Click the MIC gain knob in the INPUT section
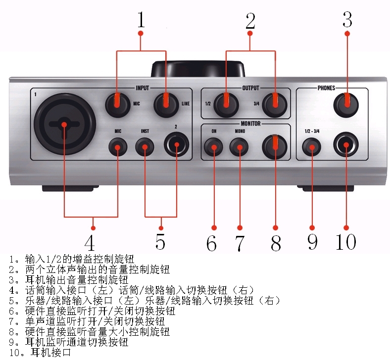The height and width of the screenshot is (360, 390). [117, 103]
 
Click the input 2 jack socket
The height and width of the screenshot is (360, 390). [176, 146]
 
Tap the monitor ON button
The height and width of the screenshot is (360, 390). [214, 147]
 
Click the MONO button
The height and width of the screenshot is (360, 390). [240, 147]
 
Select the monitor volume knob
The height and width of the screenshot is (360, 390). [276, 147]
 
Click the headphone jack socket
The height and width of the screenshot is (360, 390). [346, 146]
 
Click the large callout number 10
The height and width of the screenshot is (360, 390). [345, 242]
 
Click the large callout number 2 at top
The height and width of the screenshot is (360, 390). [250, 21]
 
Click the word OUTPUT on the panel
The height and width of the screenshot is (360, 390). [250, 88]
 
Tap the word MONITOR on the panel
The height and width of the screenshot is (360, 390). [250, 123]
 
